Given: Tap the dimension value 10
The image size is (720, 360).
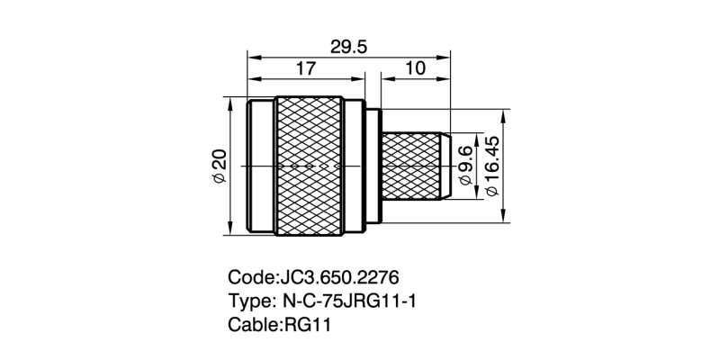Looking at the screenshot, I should pos(415,68).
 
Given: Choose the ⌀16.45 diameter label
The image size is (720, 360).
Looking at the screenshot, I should pos(491,167).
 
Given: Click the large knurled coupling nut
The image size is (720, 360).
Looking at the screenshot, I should pos(309,167).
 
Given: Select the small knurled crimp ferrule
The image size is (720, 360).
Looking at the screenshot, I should pos(413,166).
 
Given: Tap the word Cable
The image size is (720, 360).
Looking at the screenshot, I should pos(255,325).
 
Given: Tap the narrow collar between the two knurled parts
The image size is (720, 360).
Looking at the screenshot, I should pos(372,167).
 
